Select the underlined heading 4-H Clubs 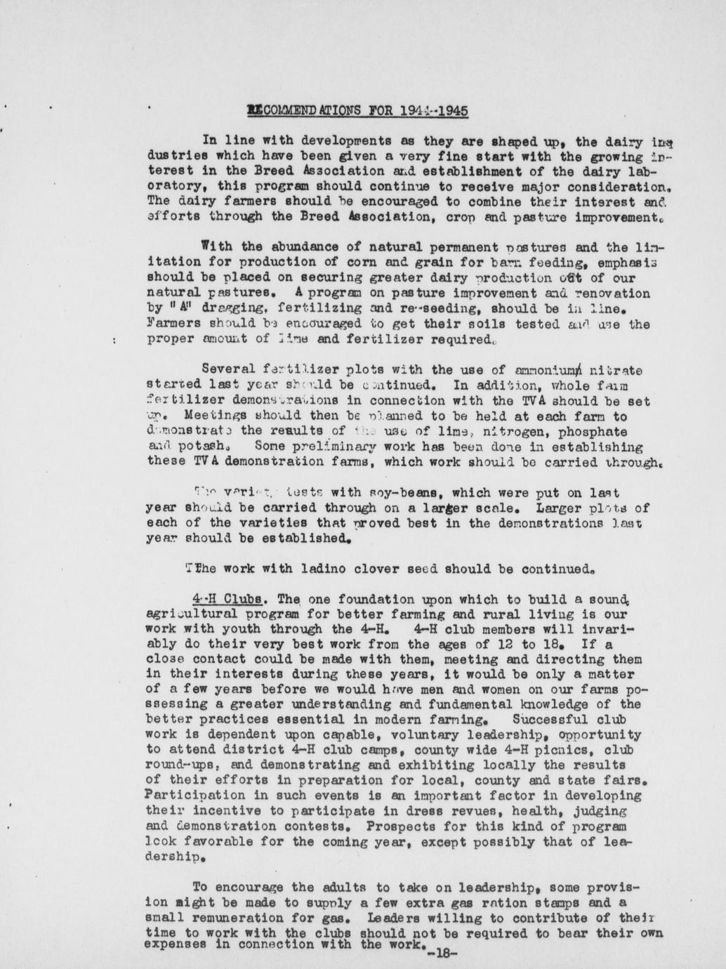tap(227, 600)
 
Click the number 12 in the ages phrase tap(520, 645)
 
